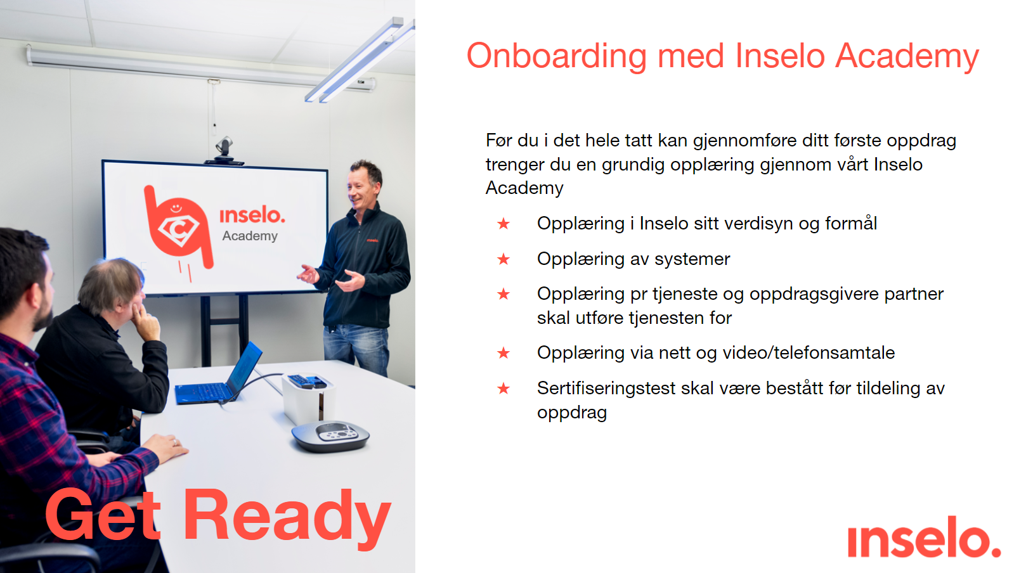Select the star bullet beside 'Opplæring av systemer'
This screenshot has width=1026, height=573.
click(503, 259)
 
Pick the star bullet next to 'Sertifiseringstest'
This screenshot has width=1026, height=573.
click(503, 389)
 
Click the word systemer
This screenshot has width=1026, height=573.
click(692, 259)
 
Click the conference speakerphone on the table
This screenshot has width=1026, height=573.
click(330, 435)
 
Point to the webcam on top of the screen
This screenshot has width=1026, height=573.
click(224, 150)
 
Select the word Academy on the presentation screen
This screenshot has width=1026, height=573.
click(250, 236)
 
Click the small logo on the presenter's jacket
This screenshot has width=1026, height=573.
click(372, 240)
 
